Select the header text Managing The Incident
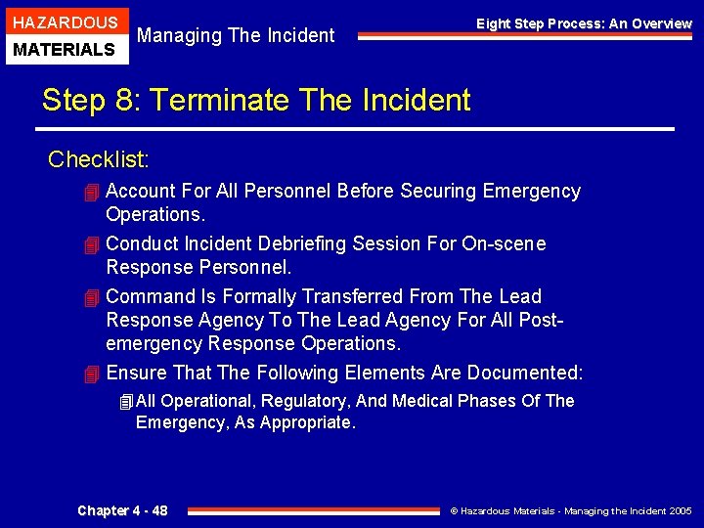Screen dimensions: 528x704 click(236, 36)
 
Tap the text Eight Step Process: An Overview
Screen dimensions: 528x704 click(584, 23)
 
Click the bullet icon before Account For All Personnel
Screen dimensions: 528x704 click(92, 192)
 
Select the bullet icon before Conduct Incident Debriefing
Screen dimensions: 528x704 click(92, 244)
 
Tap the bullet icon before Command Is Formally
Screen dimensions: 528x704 click(92, 297)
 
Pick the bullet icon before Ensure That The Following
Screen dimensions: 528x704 click(92, 374)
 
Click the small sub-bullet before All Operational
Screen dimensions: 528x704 click(124, 402)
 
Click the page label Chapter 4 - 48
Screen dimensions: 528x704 click(122, 510)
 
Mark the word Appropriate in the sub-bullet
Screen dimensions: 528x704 click(304, 422)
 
